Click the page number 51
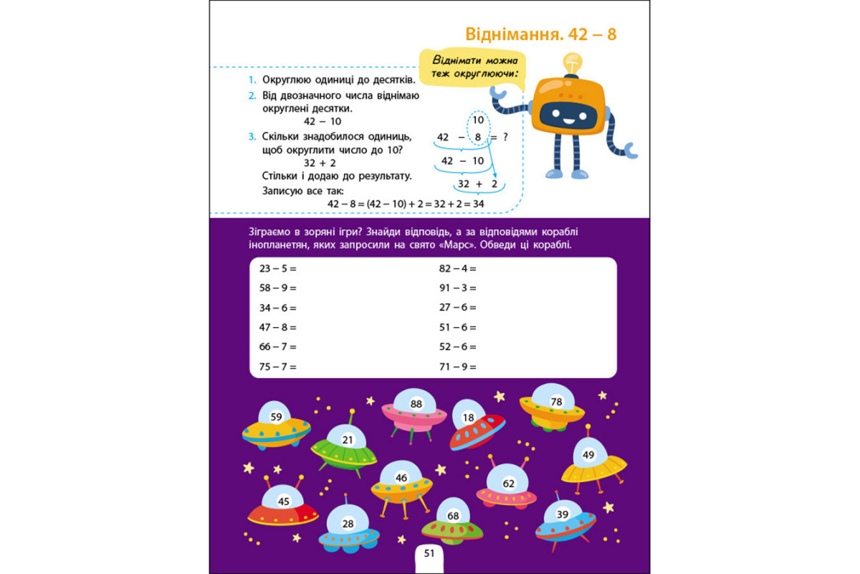[x=429, y=553]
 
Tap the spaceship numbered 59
[x=276, y=425]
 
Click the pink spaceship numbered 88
[x=415, y=410]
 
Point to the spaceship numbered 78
[x=553, y=407]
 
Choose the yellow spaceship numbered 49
[x=593, y=461]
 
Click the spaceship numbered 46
[x=401, y=484]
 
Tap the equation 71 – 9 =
[x=457, y=367]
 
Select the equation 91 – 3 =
[x=457, y=288]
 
